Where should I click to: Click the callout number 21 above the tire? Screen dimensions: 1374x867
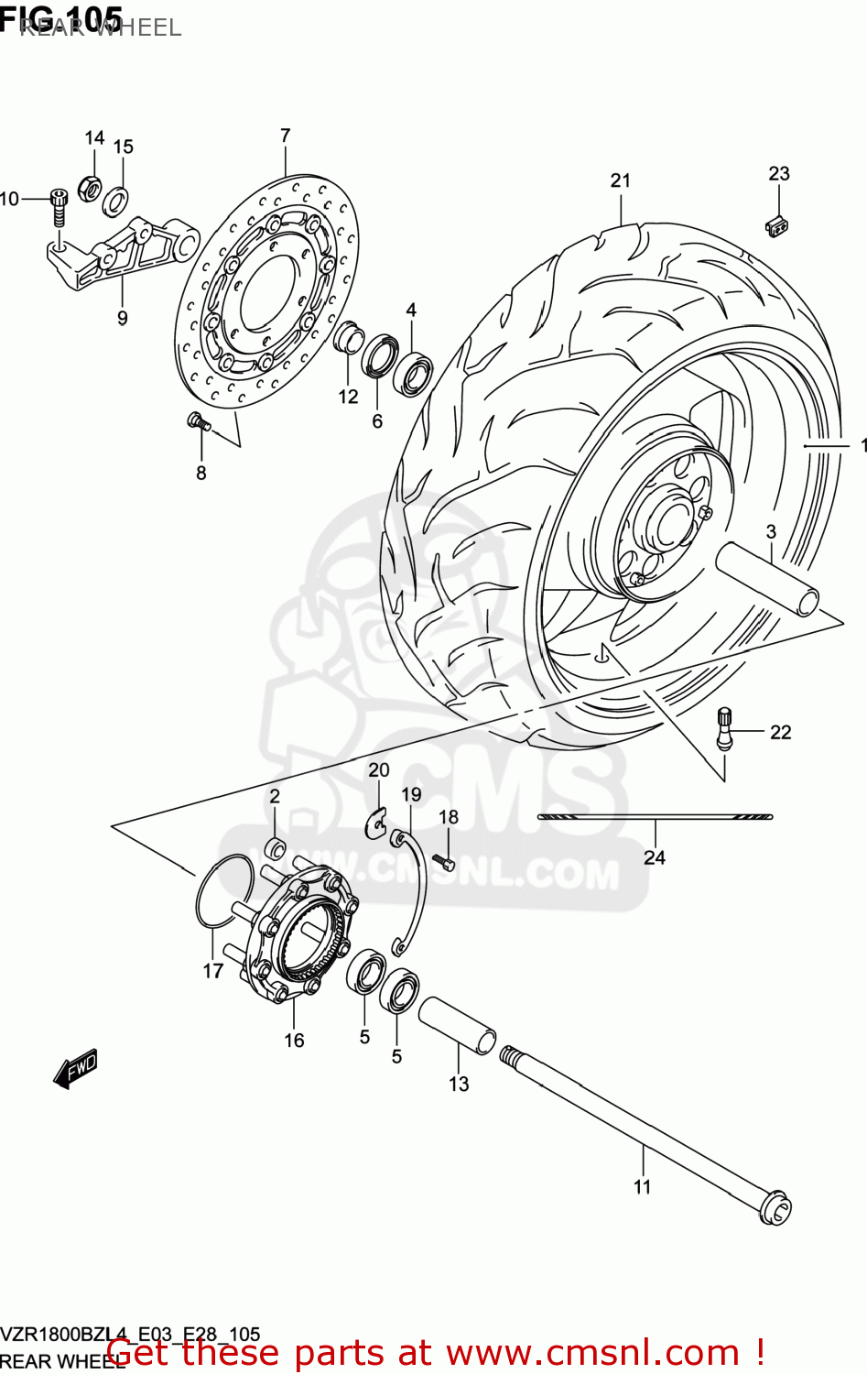tap(621, 180)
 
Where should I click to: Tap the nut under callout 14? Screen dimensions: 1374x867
tap(92, 189)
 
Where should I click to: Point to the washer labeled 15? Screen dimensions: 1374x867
tap(115, 199)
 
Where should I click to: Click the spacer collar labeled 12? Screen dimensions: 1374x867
tap(348, 337)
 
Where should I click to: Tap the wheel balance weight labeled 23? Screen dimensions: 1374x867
tap(777, 224)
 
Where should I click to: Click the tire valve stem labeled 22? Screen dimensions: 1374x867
tap(724, 729)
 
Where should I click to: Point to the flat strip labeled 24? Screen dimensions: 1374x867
tap(655, 816)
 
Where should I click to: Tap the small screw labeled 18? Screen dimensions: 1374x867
tap(445, 861)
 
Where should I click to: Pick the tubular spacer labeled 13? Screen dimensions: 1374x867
tap(457, 1025)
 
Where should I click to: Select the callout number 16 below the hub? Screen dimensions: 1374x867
tap(294, 1040)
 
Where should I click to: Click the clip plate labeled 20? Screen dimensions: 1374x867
tap(376, 823)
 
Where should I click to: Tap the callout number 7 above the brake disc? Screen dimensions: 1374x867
tap(285, 136)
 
